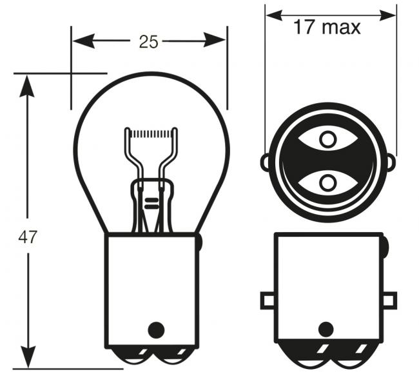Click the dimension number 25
tap(148, 42)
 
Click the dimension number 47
tap(28, 237)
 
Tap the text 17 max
tap(327, 27)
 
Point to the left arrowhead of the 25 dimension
tap(84, 41)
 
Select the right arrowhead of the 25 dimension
tap(215, 40)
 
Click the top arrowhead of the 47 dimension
tap(26, 86)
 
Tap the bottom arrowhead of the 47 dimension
tap(28, 357)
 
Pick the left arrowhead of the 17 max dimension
tap(275, 15)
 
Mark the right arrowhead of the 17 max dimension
tap(387, 15)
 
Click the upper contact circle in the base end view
tap(327, 139)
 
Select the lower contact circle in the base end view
tap(327, 183)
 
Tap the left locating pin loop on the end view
tap(265, 162)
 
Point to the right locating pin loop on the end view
tap(391, 162)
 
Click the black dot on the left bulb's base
tap(156, 330)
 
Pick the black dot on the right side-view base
tap(326, 329)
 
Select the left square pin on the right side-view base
tap(268, 301)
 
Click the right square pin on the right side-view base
tap(390, 301)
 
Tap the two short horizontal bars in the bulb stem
tap(151, 203)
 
